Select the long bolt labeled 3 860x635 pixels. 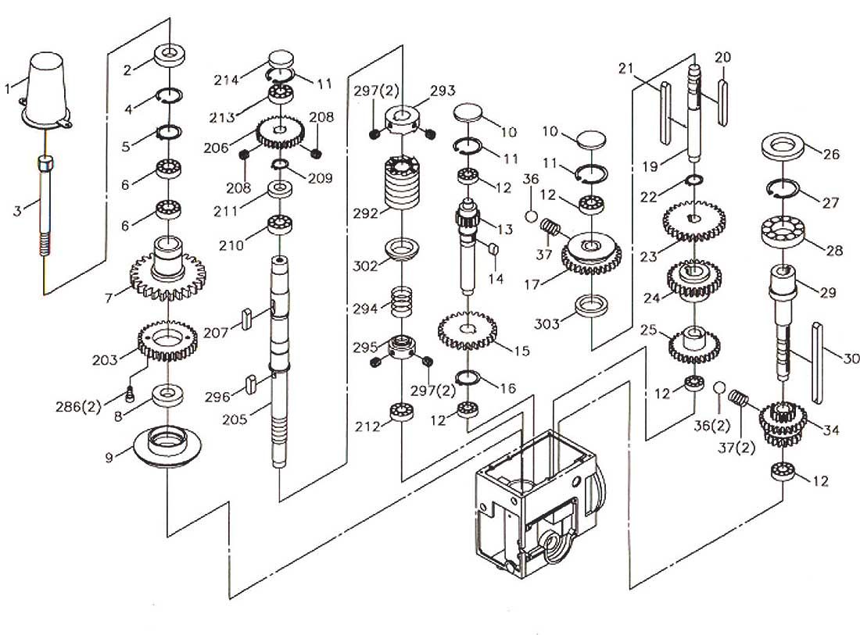[48, 207]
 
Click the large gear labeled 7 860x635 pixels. [167, 273]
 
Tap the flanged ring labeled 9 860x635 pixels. [168, 446]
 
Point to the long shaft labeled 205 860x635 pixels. [279, 367]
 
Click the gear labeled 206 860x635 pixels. [279, 132]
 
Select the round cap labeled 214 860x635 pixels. [280, 60]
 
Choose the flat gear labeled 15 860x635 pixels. [467, 331]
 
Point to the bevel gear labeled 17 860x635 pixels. [590, 252]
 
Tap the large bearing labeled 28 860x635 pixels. [783, 233]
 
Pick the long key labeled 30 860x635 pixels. [819, 363]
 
